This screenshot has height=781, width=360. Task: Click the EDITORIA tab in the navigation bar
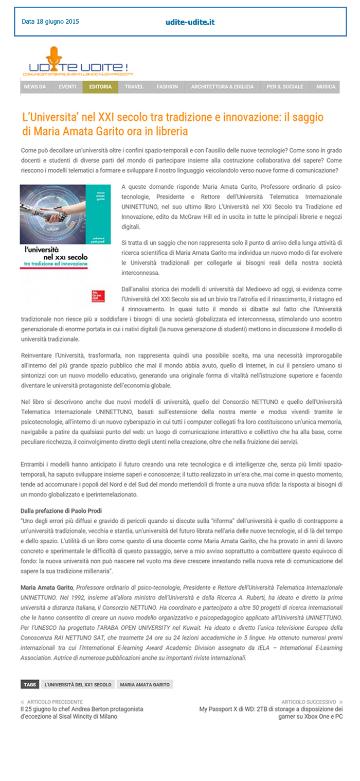click(x=100, y=87)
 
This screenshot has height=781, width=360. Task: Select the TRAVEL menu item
click(x=134, y=87)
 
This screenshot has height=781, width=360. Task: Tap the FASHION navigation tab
click(x=167, y=87)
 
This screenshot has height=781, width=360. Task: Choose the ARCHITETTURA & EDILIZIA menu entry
click(x=222, y=87)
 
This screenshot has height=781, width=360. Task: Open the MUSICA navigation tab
click(x=326, y=87)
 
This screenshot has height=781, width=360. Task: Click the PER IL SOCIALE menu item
click(x=285, y=87)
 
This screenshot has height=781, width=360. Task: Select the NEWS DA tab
click(x=35, y=87)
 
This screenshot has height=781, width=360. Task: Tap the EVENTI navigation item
click(x=67, y=87)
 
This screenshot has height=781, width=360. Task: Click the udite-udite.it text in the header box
click(x=190, y=22)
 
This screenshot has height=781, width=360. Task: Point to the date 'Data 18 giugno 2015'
click(x=50, y=22)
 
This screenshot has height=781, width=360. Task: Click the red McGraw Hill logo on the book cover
click(x=97, y=296)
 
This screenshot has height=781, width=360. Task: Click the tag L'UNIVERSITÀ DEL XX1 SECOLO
click(x=78, y=685)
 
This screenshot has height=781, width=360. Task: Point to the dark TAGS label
click(x=30, y=685)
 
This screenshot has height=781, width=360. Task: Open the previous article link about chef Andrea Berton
click(x=82, y=713)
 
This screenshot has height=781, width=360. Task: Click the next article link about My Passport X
click(x=271, y=713)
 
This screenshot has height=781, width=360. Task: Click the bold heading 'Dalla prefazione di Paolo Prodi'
click(x=61, y=510)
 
